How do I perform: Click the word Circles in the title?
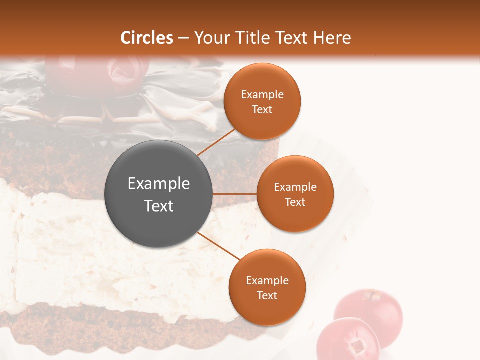(146, 38)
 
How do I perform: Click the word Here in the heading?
(332, 38)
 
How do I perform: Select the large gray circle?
(159, 194)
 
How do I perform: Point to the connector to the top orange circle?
(216, 142)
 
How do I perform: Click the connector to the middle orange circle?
(234, 194)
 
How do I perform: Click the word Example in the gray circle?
(159, 184)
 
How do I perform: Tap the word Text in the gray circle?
(159, 206)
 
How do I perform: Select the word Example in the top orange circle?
(262, 95)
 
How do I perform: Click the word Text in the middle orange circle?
(295, 202)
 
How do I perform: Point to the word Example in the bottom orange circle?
(267, 281)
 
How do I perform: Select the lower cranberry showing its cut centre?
(350, 340)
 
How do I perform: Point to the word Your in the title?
(211, 38)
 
